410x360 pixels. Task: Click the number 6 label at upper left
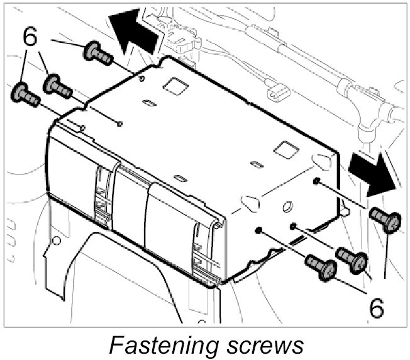click(x=30, y=37)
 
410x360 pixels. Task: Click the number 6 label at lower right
click(x=377, y=308)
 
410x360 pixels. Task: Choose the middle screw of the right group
click(x=350, y=257)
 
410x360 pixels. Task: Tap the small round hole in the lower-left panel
click(x=56, y=240)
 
